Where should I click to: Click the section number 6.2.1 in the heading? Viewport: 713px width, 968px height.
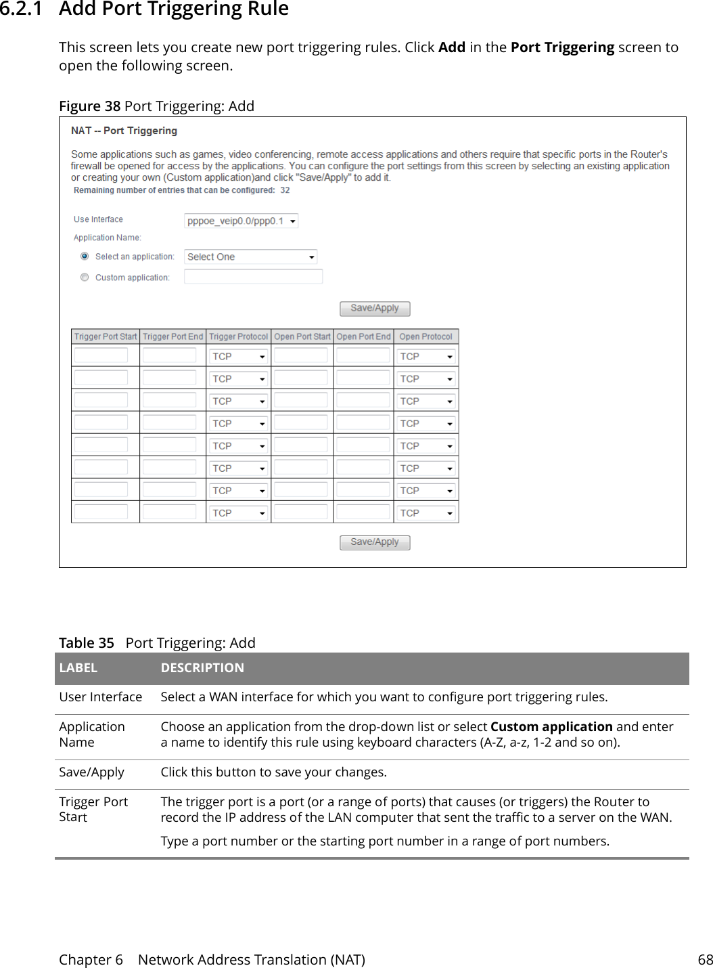[20, 9]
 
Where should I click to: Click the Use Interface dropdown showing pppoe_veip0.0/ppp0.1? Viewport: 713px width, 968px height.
[241, 221]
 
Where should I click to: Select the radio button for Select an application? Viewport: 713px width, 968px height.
[85, 257]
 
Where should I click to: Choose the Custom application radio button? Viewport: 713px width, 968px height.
[85, 278]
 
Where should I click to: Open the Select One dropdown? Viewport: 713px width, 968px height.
[250, 257]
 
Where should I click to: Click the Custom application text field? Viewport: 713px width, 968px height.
[253, 276]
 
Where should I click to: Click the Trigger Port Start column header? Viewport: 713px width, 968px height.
[106, 336]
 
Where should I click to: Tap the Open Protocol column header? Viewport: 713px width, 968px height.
[425, 336]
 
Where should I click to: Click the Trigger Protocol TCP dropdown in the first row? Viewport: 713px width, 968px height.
[238, 357]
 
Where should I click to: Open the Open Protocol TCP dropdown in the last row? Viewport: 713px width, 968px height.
[426, 513]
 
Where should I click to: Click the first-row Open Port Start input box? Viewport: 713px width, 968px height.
[301, 356]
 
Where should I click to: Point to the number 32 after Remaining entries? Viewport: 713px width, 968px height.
[285, 190]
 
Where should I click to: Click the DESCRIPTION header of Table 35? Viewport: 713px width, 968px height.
[202, 668]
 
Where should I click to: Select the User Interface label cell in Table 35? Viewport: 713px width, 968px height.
[101, 697]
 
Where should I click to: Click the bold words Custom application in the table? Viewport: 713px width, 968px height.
[551, 727]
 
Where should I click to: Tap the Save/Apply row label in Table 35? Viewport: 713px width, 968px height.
[92, 772]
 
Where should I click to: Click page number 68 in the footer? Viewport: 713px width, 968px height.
[705, 960]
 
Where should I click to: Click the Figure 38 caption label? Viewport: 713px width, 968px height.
[89, 106]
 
